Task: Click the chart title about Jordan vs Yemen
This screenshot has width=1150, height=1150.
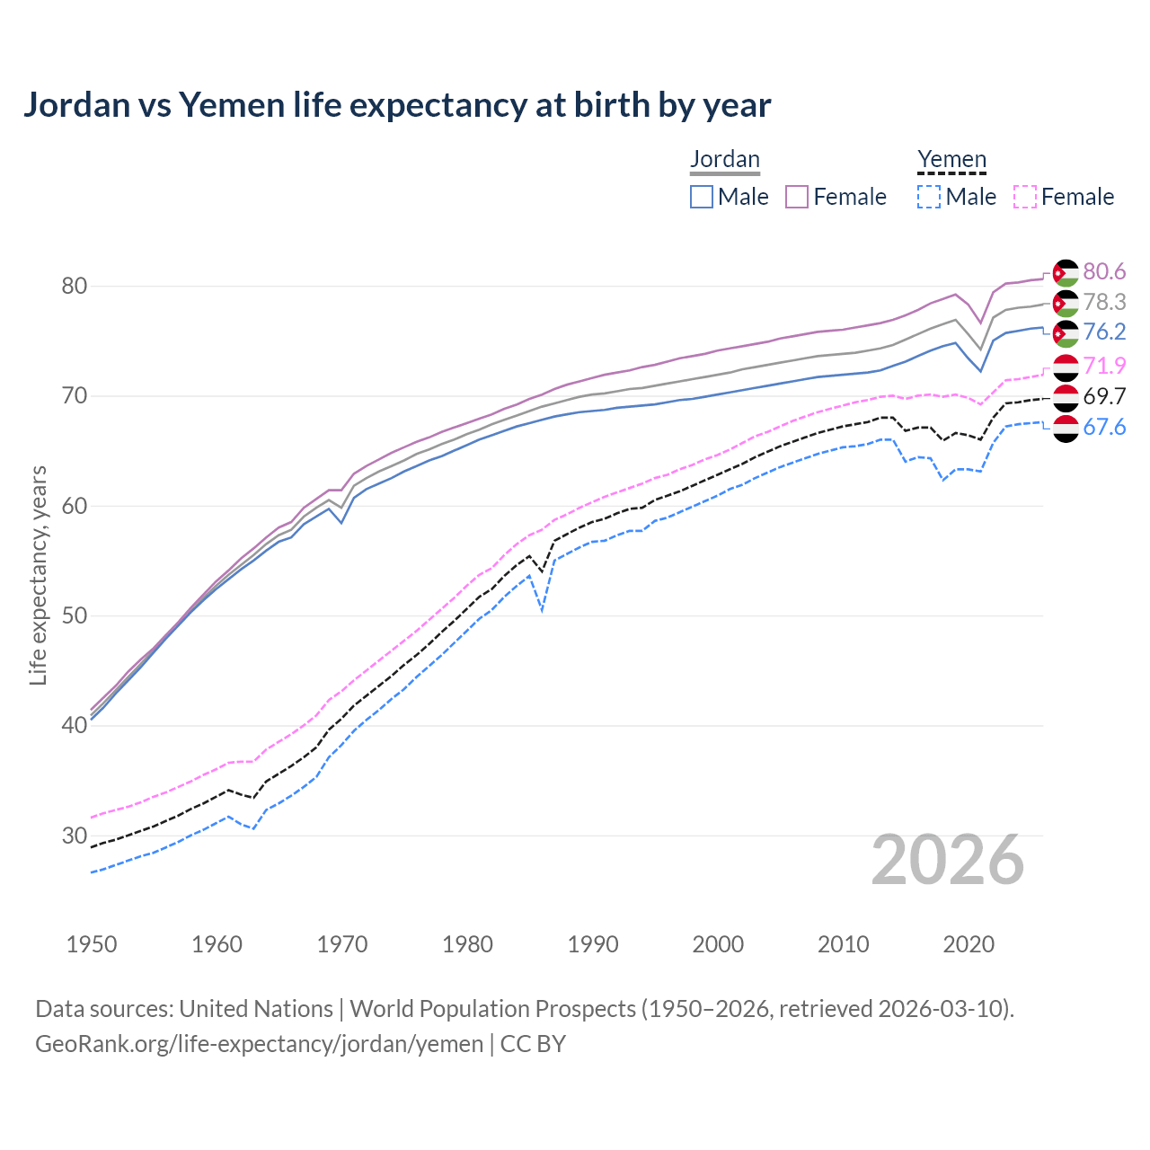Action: coord(396,105)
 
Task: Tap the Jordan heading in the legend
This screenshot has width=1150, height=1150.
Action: coord(724,160)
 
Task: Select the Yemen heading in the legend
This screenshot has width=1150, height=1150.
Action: coord(951,160)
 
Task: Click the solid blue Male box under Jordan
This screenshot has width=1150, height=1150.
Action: coord(702,197)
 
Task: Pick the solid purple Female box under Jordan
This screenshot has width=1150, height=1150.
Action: coord(797,197)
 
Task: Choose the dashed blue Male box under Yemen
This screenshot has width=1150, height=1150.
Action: coord(929,197)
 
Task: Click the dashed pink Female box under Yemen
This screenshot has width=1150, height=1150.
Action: coord(1025,197)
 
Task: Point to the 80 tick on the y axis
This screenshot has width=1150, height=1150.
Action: coord(74,287)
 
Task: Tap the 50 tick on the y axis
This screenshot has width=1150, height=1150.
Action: coord(74,616)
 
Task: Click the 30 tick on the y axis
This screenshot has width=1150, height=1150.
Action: coord(74,836)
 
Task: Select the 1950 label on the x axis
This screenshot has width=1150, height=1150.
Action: coord(92,944)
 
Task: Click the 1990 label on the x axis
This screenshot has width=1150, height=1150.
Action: coord(593,944)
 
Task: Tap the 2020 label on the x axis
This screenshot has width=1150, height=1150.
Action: coord(969,944)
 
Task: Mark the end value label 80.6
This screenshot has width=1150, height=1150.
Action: coord(1104,272)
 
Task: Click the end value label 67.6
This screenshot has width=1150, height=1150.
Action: coord(1104,427)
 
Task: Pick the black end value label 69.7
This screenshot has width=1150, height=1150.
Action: coord(1104,396)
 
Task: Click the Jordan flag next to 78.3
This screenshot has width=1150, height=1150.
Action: coord(1066,304)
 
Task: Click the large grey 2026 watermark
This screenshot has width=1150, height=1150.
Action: coord(948,860)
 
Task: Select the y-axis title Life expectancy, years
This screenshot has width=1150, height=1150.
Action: coord(38,575)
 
